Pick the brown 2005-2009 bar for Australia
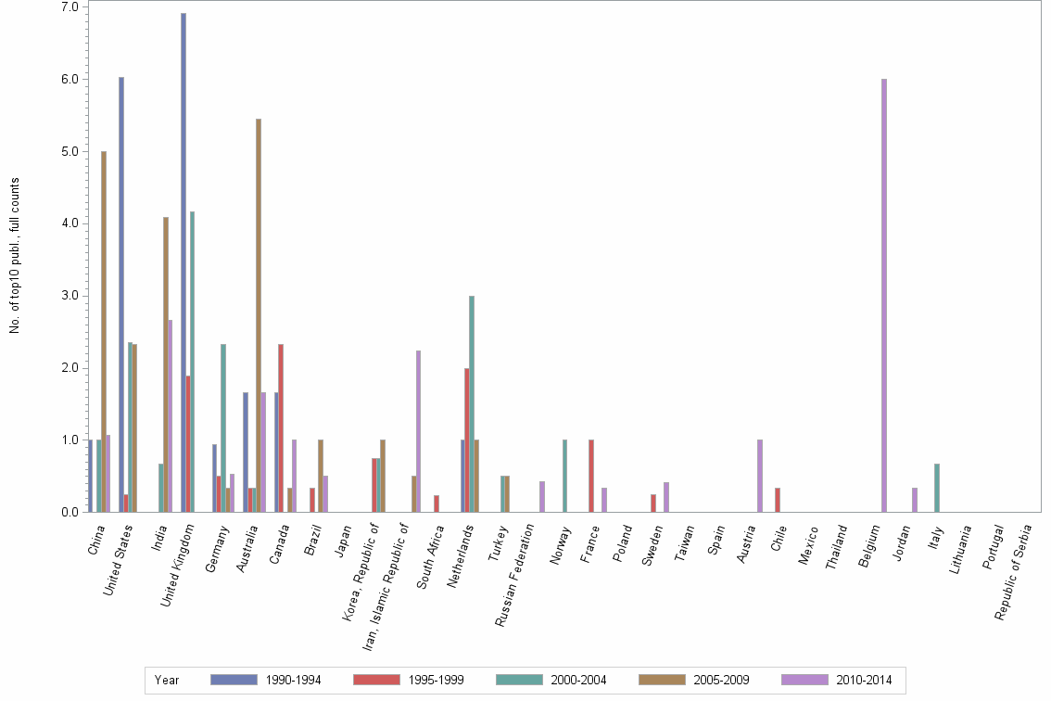tap(259, 315)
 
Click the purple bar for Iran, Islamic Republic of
tap(419, 431)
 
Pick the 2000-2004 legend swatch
tap(520, 681)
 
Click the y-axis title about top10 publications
tap(15, 255)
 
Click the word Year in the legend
tap(167, 681)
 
